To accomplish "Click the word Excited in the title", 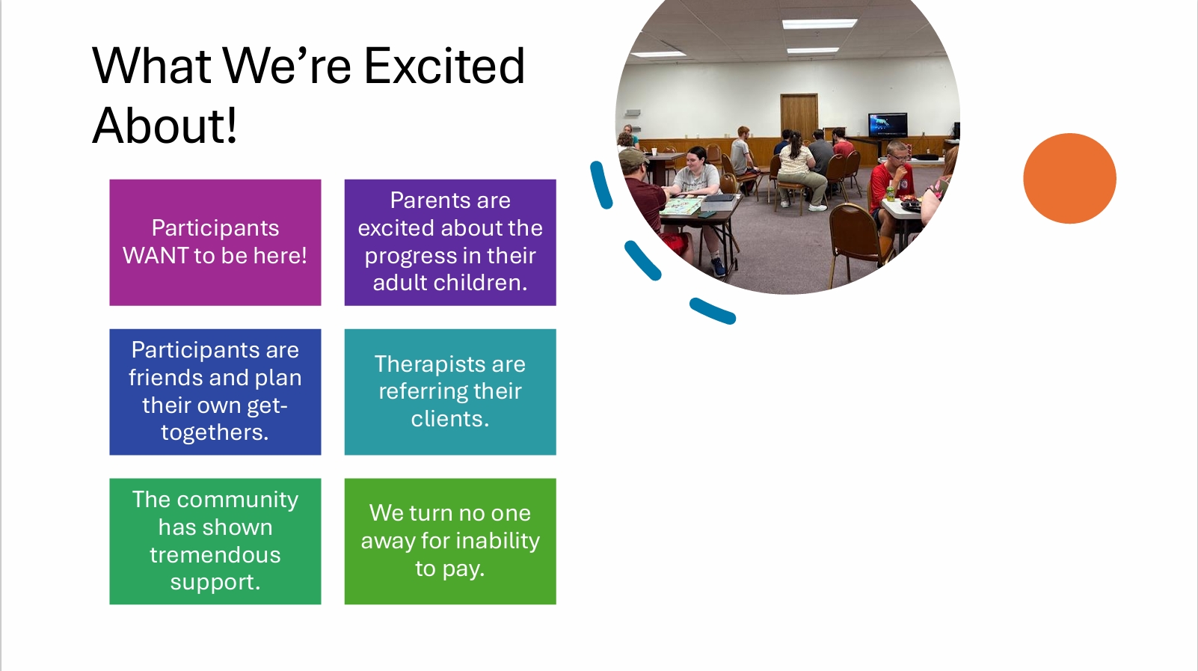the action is pos(444,66).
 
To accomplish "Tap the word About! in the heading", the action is pos(165,126).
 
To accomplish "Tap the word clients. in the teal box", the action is pos(449,419).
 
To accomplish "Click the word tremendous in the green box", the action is pos(215,555).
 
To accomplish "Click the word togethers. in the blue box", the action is pos(215,433).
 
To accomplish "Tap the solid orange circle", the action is pos(1069,178).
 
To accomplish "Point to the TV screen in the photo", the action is pos(888,125).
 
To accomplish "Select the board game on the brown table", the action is pos(681,206).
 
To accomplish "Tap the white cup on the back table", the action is pos(654,151).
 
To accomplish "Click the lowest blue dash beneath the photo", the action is pos(713,311).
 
